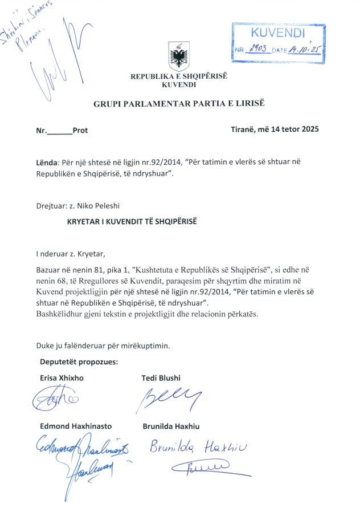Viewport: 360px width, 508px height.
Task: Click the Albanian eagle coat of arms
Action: click(179, 58)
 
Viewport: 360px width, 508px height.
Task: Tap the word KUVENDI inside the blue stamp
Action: click(277, 33)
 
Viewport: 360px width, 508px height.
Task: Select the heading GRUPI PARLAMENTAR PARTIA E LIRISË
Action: click(179, 103)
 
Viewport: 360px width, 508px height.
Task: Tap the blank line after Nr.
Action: click(59, 131)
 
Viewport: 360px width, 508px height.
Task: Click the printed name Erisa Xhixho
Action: click(60, 379)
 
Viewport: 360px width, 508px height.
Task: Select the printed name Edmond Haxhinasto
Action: click(76, 426)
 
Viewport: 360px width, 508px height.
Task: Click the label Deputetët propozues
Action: click(79, 361)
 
